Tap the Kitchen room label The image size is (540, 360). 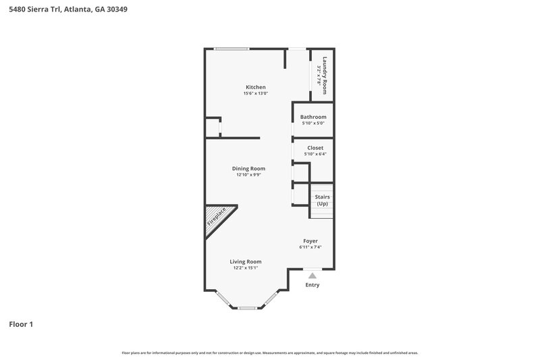click(255, 87)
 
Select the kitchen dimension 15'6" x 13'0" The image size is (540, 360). click(255, 94)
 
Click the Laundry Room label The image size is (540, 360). click(325, 74)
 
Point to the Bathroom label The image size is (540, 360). click(313, 117)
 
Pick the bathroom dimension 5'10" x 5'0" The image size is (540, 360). click(313, 124)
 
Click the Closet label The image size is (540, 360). click(315, 147)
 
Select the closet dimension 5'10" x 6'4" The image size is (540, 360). click(315, 154)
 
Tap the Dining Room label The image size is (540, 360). click(248, 168)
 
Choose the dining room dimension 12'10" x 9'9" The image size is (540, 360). click(248, 175)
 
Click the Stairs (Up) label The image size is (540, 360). click(322, 200)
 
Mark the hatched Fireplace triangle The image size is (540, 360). click(217, 218)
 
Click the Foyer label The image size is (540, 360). click(310, 240)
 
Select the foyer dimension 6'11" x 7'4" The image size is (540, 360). click(310, 247)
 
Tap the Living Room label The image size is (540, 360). click(245, 261)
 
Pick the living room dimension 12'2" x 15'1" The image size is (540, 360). click(245, 268)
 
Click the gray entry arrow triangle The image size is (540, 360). click(312, 275)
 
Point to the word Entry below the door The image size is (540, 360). click(312, 285)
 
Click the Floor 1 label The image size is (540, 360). click(21, 324)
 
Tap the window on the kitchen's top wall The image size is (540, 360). click(231, 49)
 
